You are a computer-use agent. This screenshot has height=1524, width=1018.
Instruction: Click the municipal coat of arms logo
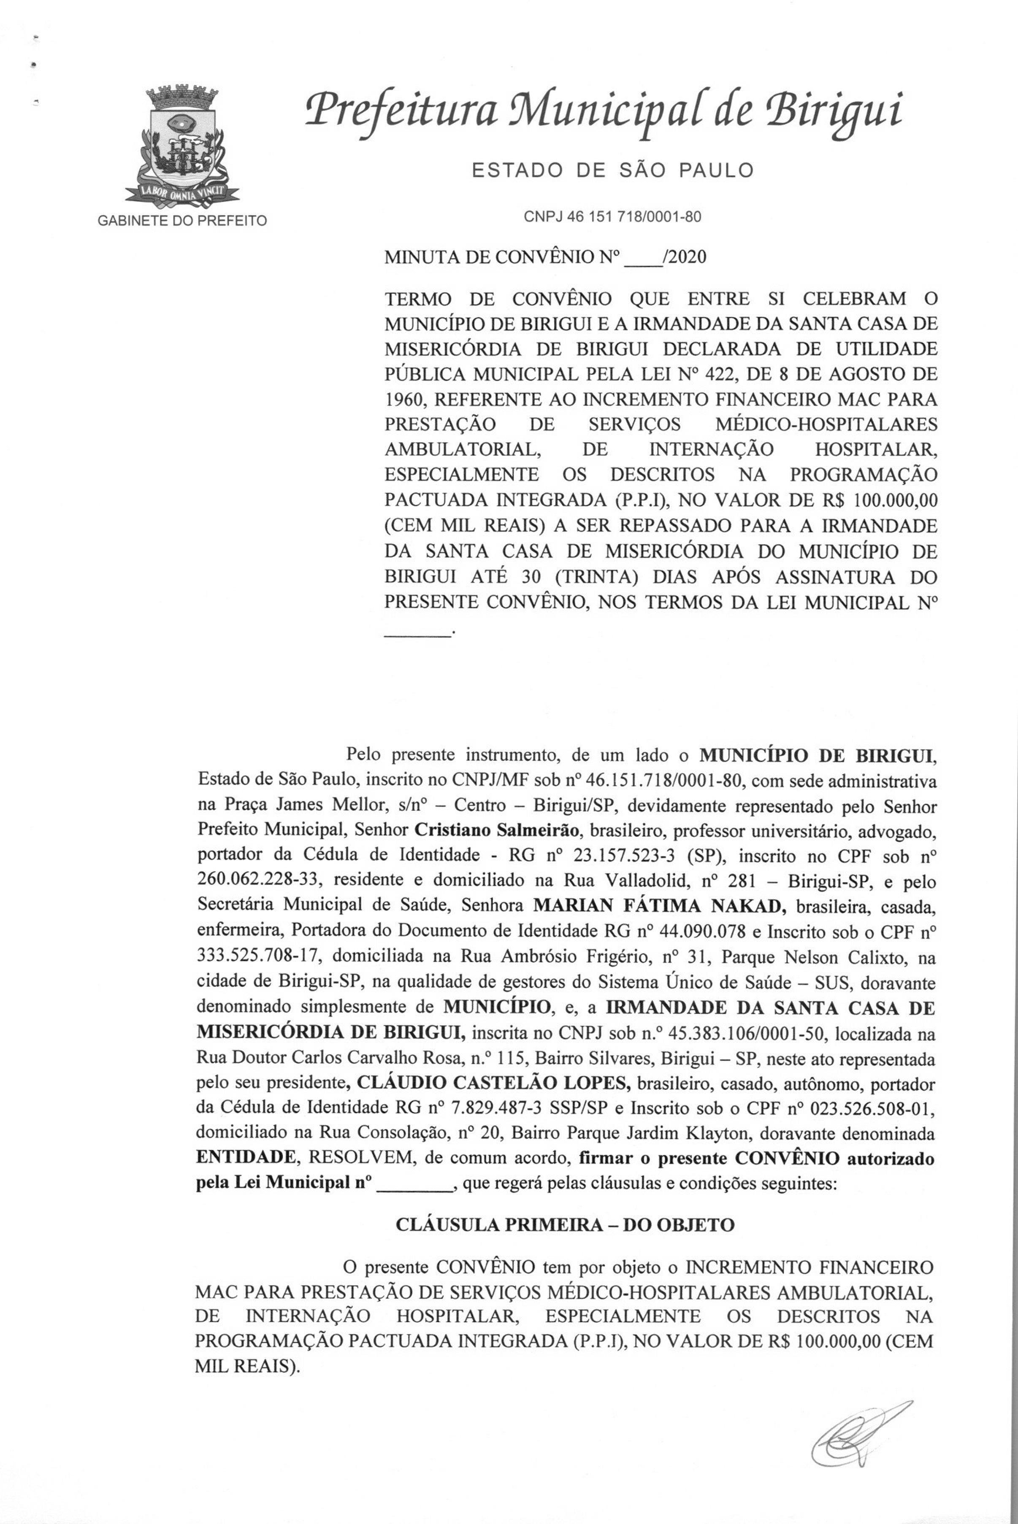182,144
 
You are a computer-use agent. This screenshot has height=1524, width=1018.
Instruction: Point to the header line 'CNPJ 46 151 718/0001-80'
612,217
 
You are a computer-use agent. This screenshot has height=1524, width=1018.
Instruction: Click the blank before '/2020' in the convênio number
642,258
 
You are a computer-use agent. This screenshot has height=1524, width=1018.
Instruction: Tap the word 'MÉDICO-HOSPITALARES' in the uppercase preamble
826,424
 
